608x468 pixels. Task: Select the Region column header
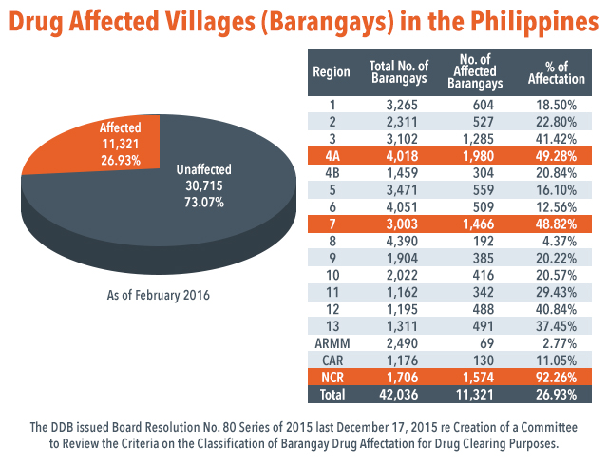[332, 71]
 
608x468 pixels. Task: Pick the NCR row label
[332, 376]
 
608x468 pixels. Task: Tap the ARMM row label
[332, 341]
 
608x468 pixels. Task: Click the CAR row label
[332, 359]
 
